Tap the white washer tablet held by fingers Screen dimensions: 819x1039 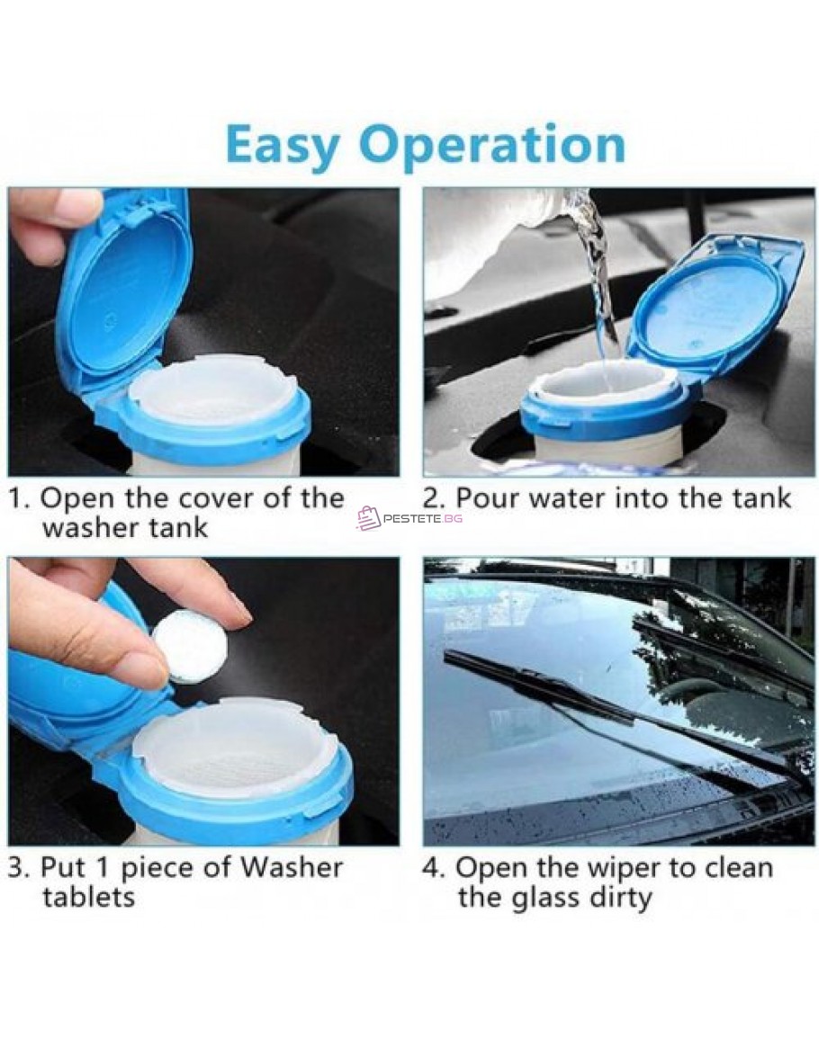pos(184,644)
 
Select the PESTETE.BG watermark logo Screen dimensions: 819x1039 pos(409,518)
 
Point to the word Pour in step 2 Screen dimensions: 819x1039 pos(488,497)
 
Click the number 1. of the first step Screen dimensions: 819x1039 pos(19,498)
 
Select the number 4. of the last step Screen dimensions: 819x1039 pos(434,868)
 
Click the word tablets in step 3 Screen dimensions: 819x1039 pos(89,898)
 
